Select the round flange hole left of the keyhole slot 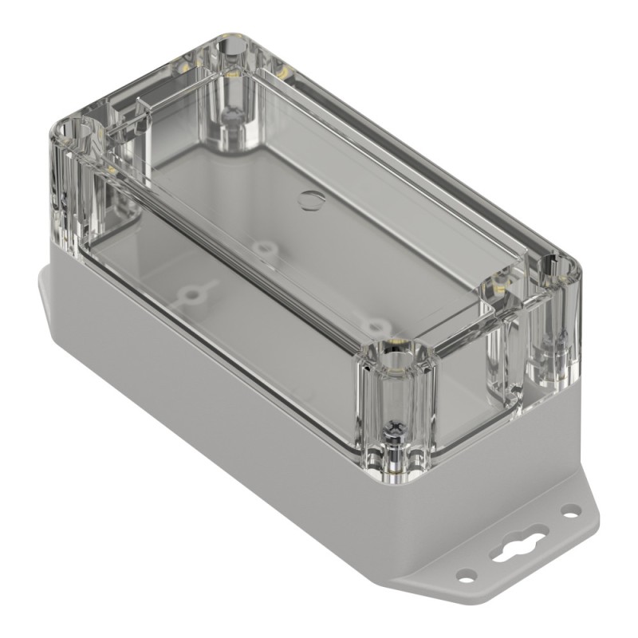(x=466, y=573)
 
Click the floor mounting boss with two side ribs (x=191, y=295)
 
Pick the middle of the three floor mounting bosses (x=264, y=248)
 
